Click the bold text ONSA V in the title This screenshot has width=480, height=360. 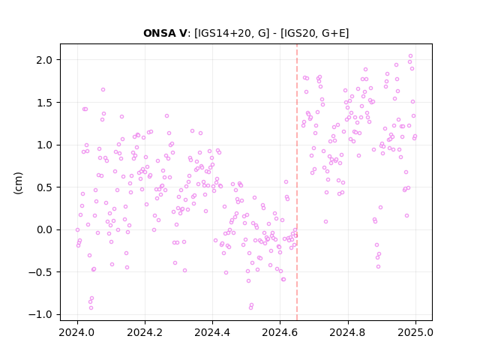point(165,33)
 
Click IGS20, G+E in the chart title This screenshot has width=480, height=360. point(315,33)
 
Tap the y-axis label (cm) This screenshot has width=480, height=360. point(18,183)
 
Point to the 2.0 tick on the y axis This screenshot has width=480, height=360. point(44,60)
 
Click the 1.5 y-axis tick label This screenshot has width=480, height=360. point(44,103)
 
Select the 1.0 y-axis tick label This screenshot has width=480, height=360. point(44,145)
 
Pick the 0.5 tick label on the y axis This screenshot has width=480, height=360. point(44,187)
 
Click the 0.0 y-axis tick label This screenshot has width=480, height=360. point(44,229)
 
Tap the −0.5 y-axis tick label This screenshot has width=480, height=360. point(40,272)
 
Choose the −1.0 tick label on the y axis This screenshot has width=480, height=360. point(40,314)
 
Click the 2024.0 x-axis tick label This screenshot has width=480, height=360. point(77,332)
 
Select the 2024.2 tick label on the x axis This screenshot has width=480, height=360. point(145,332)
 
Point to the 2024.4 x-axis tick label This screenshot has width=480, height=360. point(212,332)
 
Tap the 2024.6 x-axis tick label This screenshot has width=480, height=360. point(280,332)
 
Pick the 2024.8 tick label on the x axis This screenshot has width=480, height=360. point(347,332)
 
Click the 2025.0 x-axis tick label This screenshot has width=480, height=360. point(415,332)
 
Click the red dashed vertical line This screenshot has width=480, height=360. point(297,182)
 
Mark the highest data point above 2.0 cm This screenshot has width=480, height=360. point(410,56)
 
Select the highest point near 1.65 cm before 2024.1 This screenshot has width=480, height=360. point(103,90)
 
